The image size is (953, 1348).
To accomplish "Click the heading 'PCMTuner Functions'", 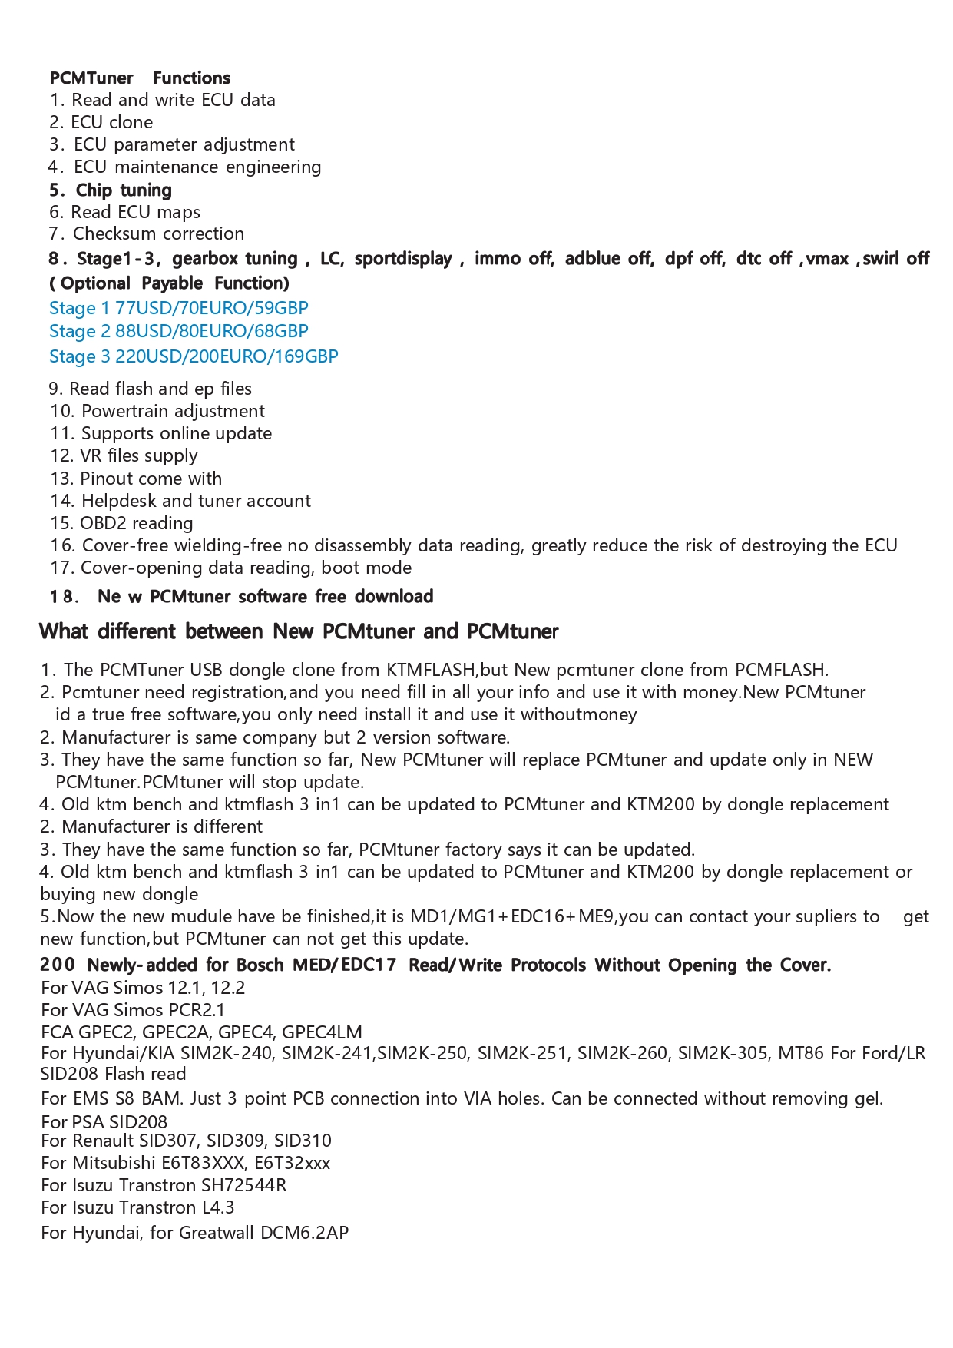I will point(140,78).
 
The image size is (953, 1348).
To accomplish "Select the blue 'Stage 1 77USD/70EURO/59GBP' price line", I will point(178,308).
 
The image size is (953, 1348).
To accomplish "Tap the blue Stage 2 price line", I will point(178,331).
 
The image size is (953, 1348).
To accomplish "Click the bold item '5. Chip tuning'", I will point(111,190).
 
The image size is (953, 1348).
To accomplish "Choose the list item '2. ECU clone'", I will point(101,122).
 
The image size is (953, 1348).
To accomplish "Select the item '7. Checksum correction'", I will point(147,233).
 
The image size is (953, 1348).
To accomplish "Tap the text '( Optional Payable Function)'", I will point(169,283).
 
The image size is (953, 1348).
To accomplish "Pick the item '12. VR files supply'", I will point(124,455).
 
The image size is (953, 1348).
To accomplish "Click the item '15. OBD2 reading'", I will point(121,523).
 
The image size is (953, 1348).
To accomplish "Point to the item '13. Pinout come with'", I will point(136,479).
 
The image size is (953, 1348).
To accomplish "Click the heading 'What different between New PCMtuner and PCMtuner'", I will point(299,631).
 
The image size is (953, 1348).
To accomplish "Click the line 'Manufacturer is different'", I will point(161,826).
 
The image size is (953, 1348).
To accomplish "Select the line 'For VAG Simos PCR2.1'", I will point(133,1009).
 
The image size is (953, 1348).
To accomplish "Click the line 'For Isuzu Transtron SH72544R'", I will point(164,1184).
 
